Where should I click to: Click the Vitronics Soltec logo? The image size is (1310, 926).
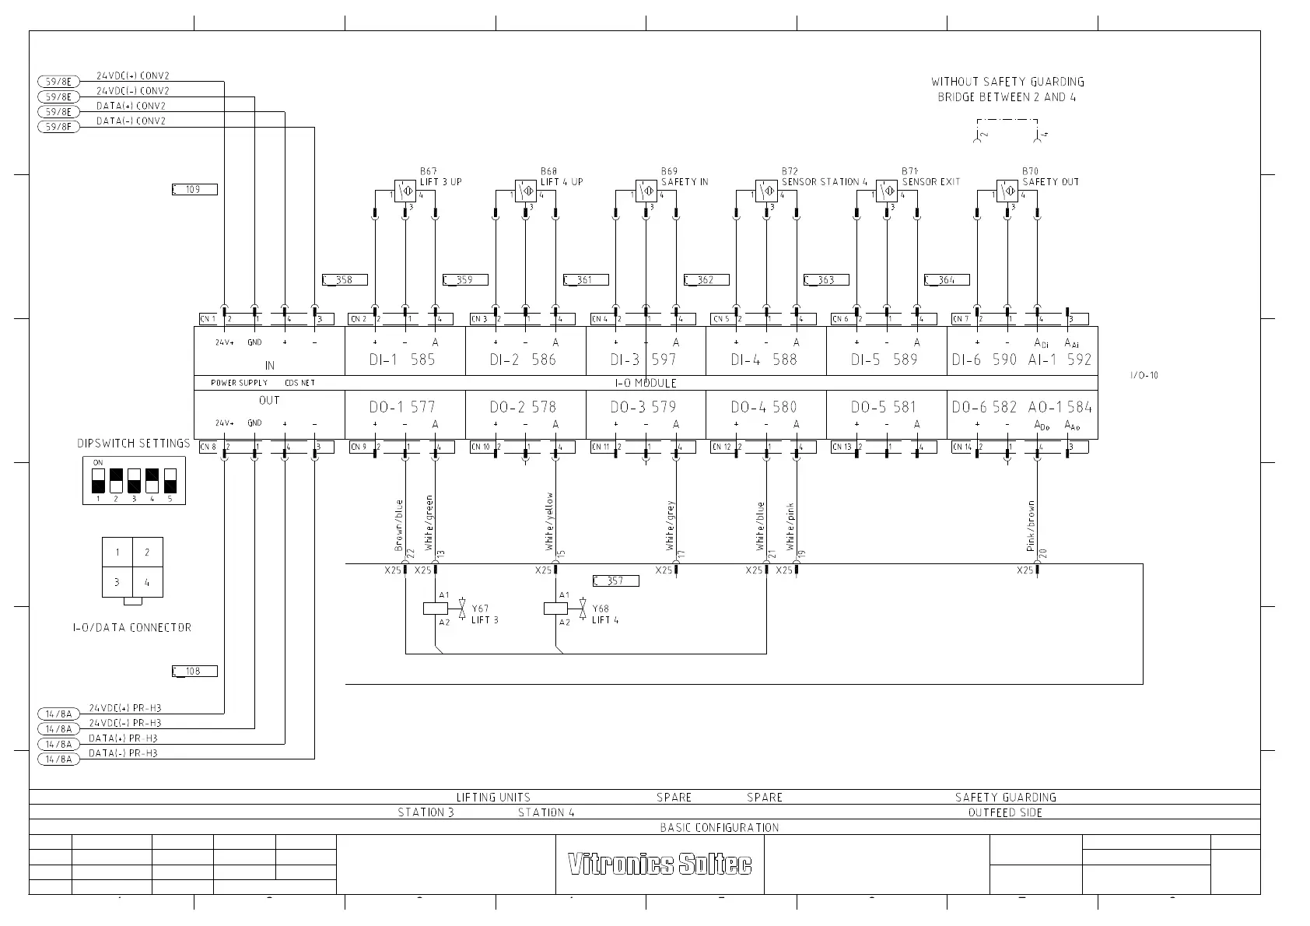(x=660, y=864)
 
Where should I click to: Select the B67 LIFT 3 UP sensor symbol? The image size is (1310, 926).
(x=404, y=191)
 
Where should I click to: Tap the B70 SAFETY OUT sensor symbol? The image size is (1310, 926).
(x=1007, y=191)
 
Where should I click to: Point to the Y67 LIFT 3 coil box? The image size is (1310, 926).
(x=436, y=609)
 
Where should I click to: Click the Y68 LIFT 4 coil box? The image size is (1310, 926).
(x=555, y=609)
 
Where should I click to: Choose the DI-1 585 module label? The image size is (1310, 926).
(x=402, y=360)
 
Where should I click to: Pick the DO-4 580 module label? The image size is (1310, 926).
(x=763, y=407)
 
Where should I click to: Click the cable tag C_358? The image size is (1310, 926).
(x=344, y=280)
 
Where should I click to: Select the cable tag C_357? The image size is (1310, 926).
(x=615, y=581)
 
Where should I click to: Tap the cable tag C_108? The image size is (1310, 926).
(x=194, y=672)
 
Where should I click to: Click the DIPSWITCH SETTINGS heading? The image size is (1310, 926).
(x=134, y=444)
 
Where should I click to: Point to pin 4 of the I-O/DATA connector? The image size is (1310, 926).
(x=147, y=581)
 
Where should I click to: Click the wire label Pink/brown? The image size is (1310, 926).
(x=1031, y=526)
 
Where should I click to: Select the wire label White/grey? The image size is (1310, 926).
(x=670, y=526)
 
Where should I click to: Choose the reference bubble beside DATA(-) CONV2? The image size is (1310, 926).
(x=58, y=127)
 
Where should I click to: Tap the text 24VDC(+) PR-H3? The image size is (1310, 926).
(x=125, y=708)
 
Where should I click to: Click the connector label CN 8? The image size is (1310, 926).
(x=208, y=447)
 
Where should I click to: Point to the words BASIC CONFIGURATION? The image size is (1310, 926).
(x=720, y=827)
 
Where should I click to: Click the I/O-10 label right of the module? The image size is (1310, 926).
(x=1144, y=375)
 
